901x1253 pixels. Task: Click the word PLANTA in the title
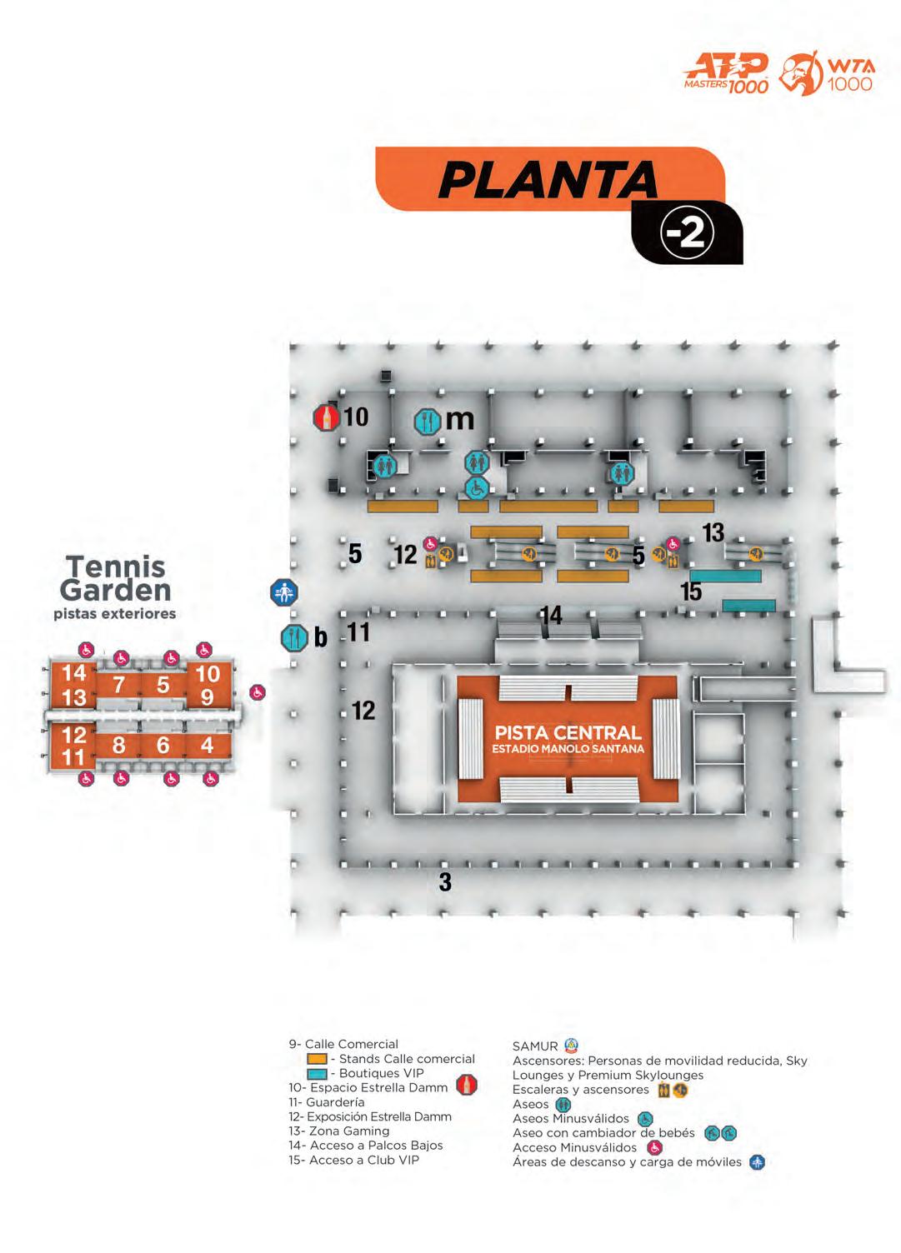point(548,178)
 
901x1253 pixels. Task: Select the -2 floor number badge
point(687,234)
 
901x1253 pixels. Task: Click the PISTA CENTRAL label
point(568,733)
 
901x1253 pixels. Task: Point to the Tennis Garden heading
point(115,578)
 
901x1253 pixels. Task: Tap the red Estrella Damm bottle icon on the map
point(326,417)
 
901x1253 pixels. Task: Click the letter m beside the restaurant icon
point(459,419)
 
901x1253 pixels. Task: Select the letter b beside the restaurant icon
point(320,638)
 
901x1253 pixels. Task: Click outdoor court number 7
point(119,685)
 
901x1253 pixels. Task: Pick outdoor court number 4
point(208,745)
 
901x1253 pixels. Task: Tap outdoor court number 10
point(208,673)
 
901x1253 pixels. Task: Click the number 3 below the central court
point(445,881)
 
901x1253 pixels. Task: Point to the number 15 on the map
point(691,592)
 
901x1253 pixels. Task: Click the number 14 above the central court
point(551,616)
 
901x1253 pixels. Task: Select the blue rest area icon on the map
point(284,593)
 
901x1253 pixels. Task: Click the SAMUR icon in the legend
point(571,1046)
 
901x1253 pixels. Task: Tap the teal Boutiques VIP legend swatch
point(317,1074)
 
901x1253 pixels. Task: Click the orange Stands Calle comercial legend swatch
point(317,1059)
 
